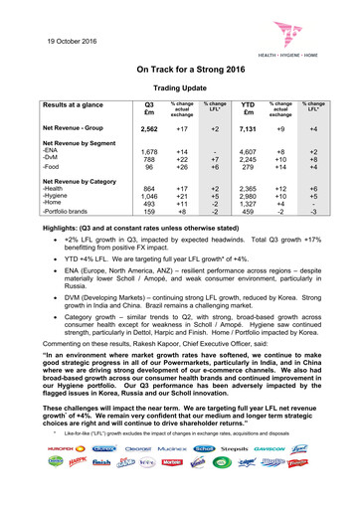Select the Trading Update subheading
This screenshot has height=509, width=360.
tap(179, 89)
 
